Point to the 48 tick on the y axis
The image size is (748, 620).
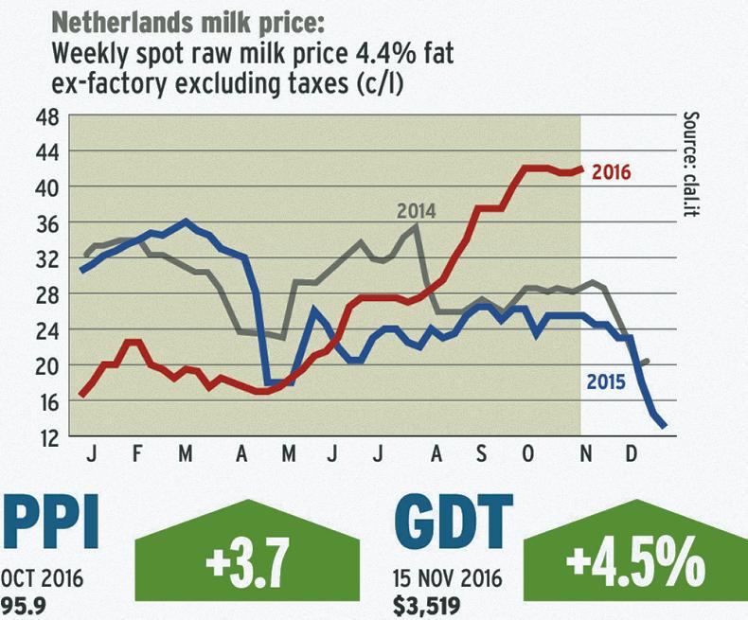(x=46, y=117)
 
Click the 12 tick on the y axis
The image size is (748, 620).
(x=46, y=437)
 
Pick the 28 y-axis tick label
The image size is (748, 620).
(x=46, y=294)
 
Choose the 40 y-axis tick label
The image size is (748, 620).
(x=46, y=187)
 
